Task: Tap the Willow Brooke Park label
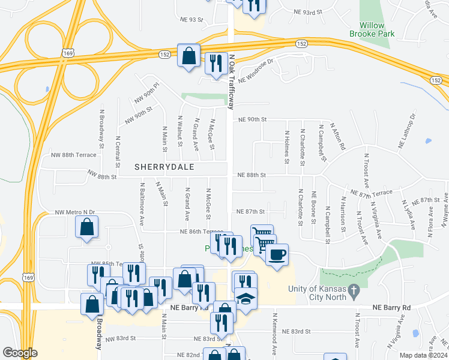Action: (372, 30)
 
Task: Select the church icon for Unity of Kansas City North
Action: (354, 291)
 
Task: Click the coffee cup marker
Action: (276, 254)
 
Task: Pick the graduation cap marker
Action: (245, 298)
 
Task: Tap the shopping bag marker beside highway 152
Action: (189, 56)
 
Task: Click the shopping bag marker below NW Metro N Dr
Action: (87, 227)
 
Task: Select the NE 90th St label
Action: (252, 119)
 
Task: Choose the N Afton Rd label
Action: (340, 137)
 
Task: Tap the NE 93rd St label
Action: (309, 12)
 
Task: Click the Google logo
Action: (20, 353)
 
